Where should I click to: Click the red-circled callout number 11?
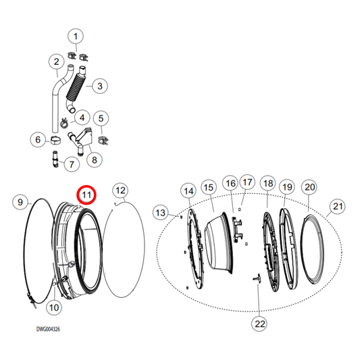pos(86,195)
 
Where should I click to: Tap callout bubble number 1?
pos(76,35)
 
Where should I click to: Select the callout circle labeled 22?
pos(260,324)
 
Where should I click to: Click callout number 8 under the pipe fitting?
pos(93,159)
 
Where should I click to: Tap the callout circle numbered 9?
pos(20,201)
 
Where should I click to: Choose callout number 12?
pos(120,190)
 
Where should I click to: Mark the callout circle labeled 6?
pos(36,140)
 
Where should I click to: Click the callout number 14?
pos(188,192)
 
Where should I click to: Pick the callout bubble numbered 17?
pos(247,182)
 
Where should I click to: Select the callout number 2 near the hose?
pos(57,62)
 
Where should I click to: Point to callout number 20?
pos(309,187)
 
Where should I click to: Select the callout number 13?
pos(159,213)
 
